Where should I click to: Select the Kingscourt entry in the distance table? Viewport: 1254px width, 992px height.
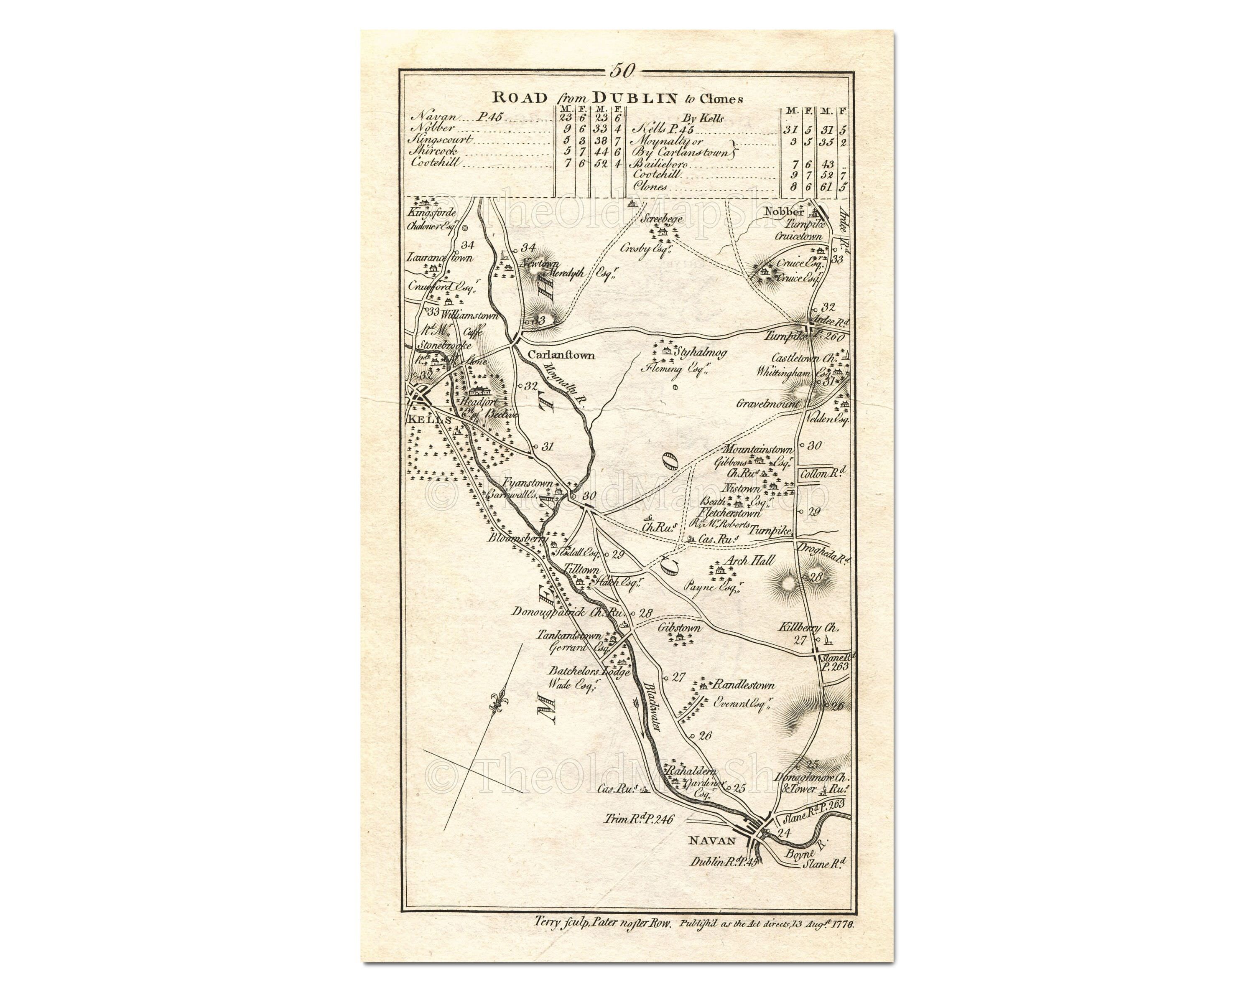tap(448, 140)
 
